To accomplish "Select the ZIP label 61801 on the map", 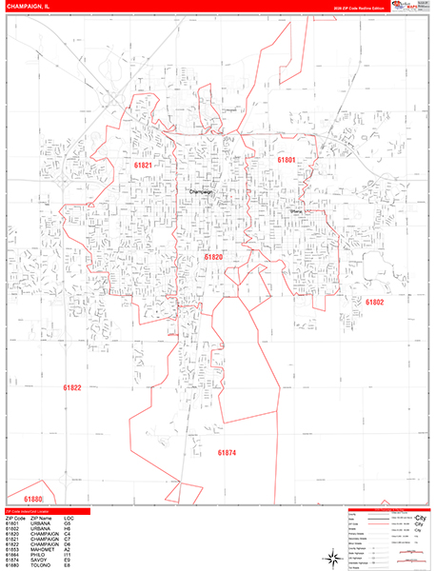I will (287, 161).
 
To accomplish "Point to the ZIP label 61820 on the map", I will (213, 257).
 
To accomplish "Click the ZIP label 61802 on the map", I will (374, 302).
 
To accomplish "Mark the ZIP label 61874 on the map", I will (227, 453).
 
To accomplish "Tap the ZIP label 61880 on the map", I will (33, 500).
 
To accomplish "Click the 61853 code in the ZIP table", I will (12, 549).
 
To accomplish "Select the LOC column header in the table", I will (69, 519).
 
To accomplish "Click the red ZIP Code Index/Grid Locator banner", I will (48, 512).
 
